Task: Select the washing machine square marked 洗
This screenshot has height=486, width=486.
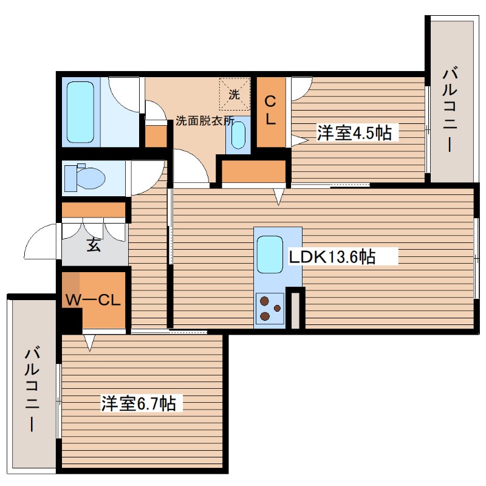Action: (234, 93)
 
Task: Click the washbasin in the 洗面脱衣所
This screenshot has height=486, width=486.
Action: (239, 133)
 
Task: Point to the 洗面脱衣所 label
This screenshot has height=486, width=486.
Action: (204, 120)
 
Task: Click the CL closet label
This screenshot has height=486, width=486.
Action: (270, 111)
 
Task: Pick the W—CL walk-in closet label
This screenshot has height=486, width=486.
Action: (95, 301)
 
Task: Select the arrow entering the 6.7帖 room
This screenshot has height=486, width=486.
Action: (90, 343)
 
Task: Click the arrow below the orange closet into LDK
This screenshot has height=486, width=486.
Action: (278, 197)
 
